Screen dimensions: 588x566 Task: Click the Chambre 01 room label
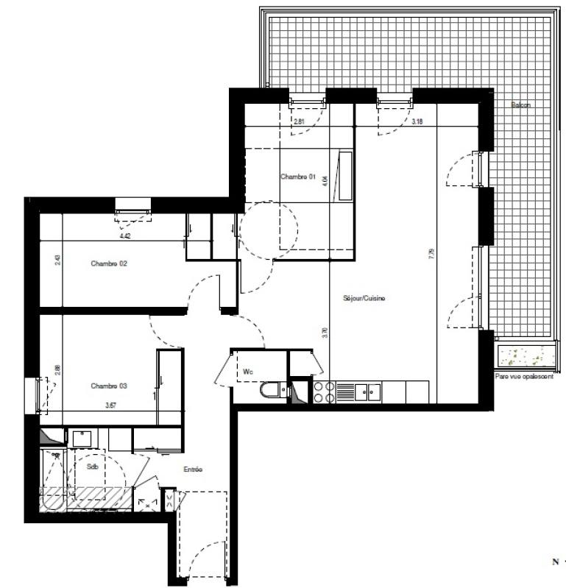[298, 177]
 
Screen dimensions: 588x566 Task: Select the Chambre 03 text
[109, 386]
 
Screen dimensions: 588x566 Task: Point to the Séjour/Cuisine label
[364, 298]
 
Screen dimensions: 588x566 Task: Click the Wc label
[248, 372]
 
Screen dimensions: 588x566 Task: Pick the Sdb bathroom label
[92, 467]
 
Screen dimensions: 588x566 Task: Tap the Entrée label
[192, 470]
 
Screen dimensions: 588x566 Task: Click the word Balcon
[520, 105]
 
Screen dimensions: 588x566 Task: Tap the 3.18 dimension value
[417, 121]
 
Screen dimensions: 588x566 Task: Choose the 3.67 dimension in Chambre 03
[111, 404]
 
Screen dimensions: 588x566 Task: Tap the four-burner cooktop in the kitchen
[323, 392]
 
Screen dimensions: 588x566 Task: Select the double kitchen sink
[367, 392]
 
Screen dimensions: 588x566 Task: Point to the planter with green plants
[524, 357]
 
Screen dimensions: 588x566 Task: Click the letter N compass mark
[555, 562]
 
